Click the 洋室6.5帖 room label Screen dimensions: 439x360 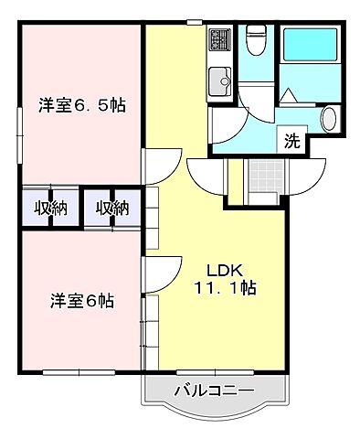click(82, 105)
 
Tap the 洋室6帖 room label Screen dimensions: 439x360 click(82, 300)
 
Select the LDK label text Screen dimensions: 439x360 click(223, 271)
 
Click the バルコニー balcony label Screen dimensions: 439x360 click(214, 392)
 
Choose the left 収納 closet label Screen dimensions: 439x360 click(50, 208)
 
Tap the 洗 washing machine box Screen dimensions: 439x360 click(291, 142)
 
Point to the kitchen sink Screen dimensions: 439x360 click(221, 84)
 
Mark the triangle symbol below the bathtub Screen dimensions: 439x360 click(288, 93)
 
